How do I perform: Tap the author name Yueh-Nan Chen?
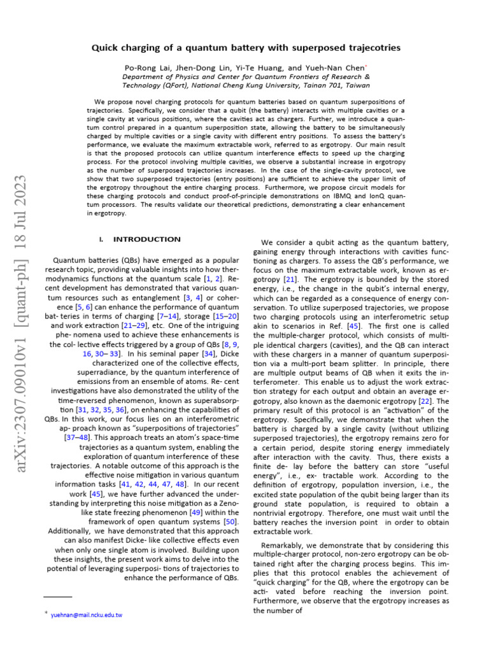click(x=338, y=67)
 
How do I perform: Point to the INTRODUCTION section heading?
click(x=146, y=239)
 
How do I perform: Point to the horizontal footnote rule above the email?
click(x=58, y=597)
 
